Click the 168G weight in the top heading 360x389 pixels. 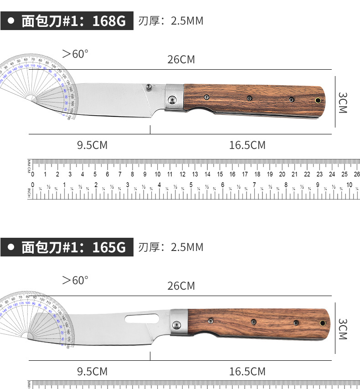coord(109,21)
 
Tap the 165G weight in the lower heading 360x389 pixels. coord(109,247)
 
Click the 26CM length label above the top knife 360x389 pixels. coord(181,59)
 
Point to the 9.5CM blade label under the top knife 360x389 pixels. coord(93,145)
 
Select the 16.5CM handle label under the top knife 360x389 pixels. coord(247,145)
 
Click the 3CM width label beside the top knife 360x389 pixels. coord(343,102)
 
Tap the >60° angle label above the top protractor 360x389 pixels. coord(75,54)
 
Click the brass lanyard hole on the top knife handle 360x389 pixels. coord(318,100)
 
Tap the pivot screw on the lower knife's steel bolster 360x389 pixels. coord(177,325)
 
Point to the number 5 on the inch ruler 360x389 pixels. coord(191,185)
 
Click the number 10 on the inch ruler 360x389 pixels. coord(350,185)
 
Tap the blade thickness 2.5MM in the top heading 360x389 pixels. coord(187,21)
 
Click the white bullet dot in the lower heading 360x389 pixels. coord(11,247)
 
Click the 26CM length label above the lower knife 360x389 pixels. coord(181,286)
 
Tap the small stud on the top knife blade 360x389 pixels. coord(149,86)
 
